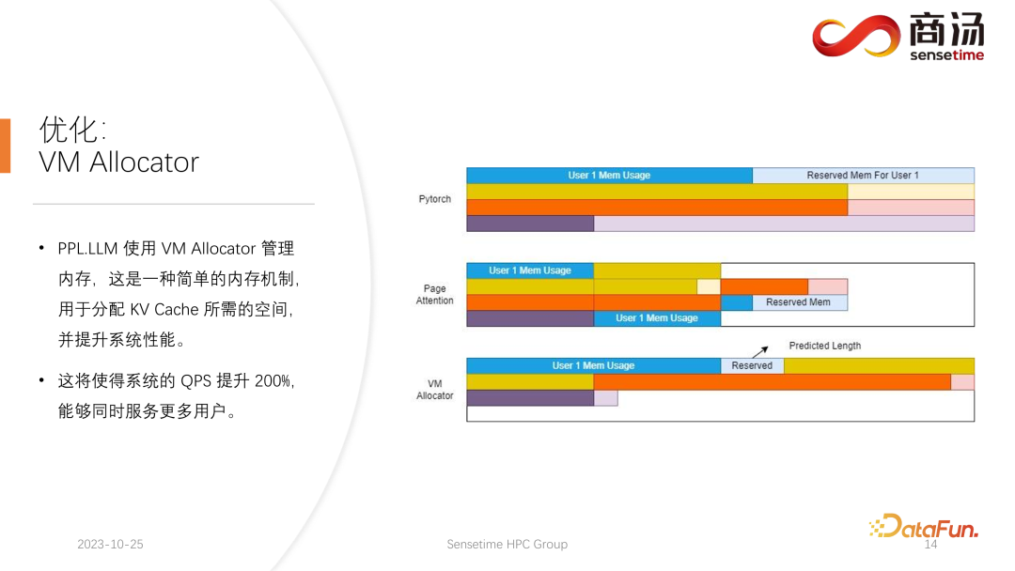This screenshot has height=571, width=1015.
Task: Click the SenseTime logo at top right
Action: pyautogui.click(x=898, y=38)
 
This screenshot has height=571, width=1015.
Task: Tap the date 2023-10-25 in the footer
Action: pyautogui.click(x=110, y=545)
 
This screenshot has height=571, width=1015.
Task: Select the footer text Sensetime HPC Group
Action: pyautogui.click(x=507, y=545)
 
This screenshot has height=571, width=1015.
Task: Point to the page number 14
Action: pyautogui.click(x=931, y=545)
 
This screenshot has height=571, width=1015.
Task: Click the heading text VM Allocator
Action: pyautogui.click(x=118, y=162)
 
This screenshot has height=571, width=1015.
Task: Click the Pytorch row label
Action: pyautogui.click(x=435, y=199)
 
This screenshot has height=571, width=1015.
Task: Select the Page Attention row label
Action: pyautogui.click(x=434, y=295)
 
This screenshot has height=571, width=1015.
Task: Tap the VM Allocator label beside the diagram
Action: pyautogui.click(x=434, y=390)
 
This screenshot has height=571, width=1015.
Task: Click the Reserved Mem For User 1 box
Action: pyautogui.click(x=863, y=176)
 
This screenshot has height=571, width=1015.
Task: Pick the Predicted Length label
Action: pyautogui.click(x=824, y=346)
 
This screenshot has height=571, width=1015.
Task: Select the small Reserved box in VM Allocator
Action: pyautogui.click(x=752, y=365)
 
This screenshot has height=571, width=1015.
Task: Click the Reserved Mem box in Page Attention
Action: pyautogui.click(x=799, y=302)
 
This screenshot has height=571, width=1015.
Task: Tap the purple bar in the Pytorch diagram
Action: pyautogui.click(x=530, y=224)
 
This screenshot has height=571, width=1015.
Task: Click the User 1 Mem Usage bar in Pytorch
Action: pyautogui.click(x=609, y=176)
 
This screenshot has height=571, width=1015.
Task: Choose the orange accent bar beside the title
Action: pyautogui.click(x=5, y=146)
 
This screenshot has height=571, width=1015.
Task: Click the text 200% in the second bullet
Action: pyautogui.click(x=276, y=380)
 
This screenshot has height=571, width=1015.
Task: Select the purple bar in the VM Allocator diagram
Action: pyautogui.click(x=530, y=398)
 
